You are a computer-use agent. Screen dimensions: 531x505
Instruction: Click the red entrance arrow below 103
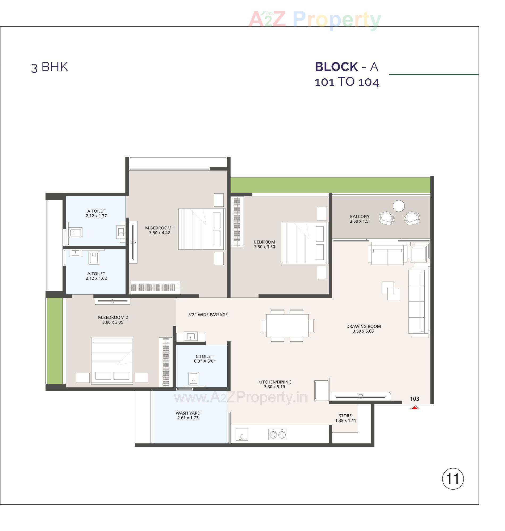415,407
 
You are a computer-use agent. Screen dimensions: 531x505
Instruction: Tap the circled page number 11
453,479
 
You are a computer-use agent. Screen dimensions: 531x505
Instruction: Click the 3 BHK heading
49,67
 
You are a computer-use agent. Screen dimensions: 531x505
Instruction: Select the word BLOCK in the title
336,67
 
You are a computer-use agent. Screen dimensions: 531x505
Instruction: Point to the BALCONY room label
360,216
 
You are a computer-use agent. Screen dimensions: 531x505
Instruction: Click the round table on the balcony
398,206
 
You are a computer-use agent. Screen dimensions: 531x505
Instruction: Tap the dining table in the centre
287,325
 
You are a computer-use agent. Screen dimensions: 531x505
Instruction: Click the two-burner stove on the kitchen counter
278,435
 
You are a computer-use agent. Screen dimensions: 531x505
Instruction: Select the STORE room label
345,416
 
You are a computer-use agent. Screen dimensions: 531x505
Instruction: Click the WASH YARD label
188,413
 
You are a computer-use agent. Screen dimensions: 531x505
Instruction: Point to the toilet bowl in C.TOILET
193,379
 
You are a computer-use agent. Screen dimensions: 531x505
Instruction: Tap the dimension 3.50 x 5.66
363,331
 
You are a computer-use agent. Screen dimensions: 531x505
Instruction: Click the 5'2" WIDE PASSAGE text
208,315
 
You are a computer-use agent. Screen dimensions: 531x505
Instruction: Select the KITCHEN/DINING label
275,382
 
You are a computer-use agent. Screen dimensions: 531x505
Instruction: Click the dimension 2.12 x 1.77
96,216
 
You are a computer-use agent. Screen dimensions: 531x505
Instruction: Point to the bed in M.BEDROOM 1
201,229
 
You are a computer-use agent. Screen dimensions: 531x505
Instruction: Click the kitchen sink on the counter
242,435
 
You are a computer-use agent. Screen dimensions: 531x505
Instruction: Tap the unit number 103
415,399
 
